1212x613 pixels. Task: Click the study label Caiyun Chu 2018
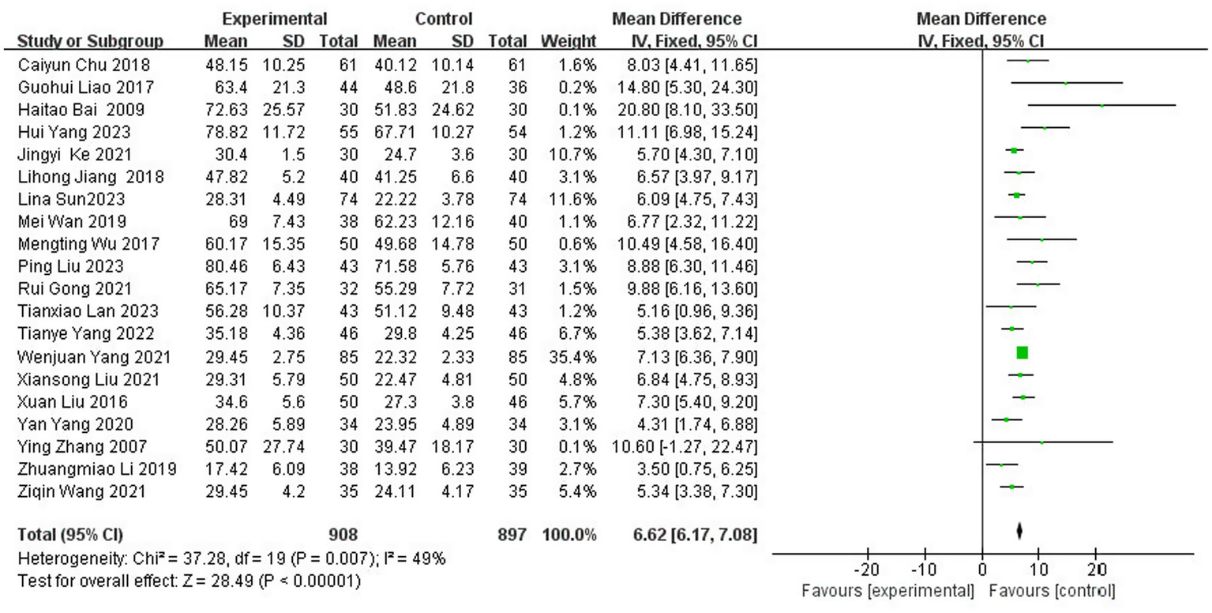83,64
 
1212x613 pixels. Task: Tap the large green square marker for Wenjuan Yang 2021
1022,353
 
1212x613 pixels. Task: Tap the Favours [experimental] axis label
886,591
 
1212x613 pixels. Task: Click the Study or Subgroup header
90,41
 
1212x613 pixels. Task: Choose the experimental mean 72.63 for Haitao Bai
225,108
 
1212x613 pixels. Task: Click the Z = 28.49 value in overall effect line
178,582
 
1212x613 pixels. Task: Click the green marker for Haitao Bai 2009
1101,104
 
